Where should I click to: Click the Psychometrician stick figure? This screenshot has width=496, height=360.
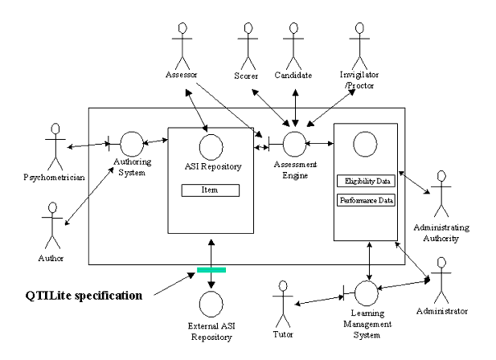[x=55, y=143]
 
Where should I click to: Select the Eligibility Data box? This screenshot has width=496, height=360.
[x=365, y=182]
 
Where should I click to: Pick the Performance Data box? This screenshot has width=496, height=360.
[x=366, y=199]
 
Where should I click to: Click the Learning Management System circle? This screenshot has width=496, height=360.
[x=367, y=291]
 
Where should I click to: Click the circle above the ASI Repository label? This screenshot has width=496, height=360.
[x=209, y=147]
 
